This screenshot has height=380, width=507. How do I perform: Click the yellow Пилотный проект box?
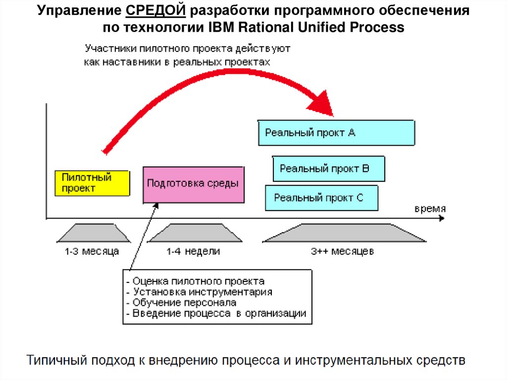(x=92, y=183)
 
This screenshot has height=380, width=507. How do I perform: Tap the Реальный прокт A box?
(x=336, y=132)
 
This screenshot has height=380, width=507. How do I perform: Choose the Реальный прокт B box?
(x=329, y=168)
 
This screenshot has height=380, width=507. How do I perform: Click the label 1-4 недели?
(x=193, y=252)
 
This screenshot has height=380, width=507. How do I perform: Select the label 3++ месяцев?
(x=342, y=252)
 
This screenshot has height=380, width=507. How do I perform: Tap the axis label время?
(x=430, y=208)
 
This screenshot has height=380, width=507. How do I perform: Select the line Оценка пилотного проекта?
(x=199, y=281)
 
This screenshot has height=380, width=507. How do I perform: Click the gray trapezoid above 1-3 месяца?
(x=92, y=233)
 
